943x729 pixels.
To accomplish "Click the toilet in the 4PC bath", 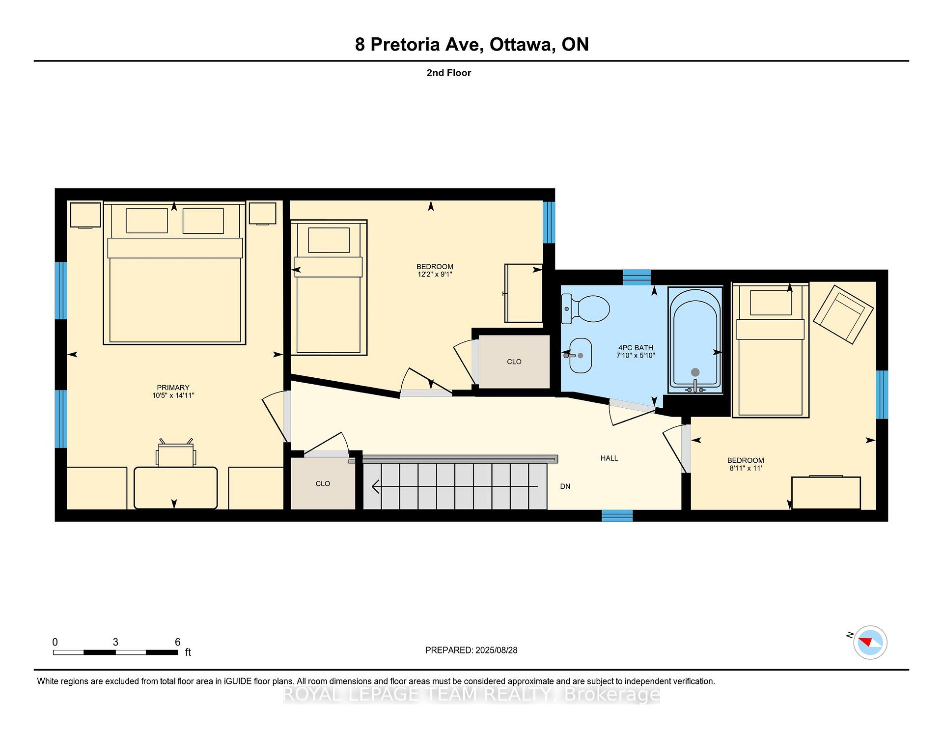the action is tap(585, 309).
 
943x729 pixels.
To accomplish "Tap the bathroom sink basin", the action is tap(580, 355).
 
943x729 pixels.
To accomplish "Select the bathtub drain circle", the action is tap(695, 372).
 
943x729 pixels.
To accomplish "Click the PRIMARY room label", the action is tap(173, 388).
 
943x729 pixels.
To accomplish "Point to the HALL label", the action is tap(609, 458).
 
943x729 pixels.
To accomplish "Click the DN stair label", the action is tap(565, 486).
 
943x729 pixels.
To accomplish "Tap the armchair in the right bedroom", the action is tap(843, 314).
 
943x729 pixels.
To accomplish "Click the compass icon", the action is tap(870, 642).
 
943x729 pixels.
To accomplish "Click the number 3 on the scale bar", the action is tap(115, 642).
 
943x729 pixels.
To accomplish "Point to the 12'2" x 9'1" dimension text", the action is tap(435, 275).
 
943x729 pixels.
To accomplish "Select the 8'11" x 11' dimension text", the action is tap(746, 468).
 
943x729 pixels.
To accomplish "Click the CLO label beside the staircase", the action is tap(323, 484).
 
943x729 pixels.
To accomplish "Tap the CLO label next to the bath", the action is tap(514, 362).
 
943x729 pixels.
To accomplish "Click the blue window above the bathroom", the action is tap(637, 277).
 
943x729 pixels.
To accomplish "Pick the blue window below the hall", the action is tap(617, 515).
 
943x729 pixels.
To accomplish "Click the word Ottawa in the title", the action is tap(523, 45).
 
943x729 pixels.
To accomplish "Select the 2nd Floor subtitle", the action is tap(449, 73).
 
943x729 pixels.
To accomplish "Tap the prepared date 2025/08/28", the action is tap(496, 650).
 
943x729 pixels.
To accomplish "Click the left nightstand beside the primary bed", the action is tap(85, 215).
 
